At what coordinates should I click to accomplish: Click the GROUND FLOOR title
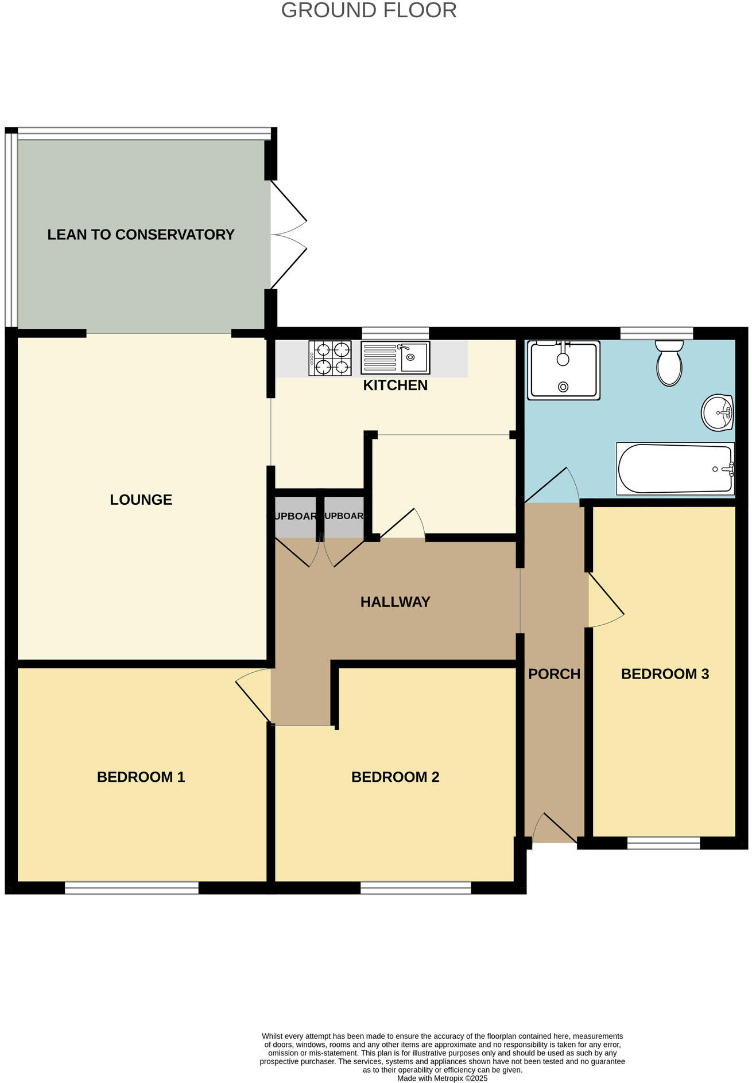coord(369,10)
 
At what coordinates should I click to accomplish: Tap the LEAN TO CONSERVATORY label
coord(141,235)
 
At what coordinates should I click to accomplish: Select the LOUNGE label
coord(141,500)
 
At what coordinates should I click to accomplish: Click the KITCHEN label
coord(395,385)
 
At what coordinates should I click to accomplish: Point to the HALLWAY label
coord(395,602)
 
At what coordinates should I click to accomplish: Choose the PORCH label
coord(554,674)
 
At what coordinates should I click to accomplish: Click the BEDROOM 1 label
coord(141,777)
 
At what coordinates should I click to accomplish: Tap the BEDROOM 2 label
coord(395,777)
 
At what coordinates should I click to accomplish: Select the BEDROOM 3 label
coord(665,674)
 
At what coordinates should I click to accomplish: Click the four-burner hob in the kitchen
coord(330,359)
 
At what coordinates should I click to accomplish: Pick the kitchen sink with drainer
coord(395,357)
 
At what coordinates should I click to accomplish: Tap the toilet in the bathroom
coord(669,363)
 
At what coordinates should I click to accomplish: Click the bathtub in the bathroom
coord(675,469)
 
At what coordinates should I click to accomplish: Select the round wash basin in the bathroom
coord(717,412)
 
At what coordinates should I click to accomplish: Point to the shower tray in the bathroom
coord(564,370)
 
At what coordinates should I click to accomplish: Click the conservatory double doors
coord(288,235)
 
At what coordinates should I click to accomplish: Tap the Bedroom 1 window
coord(131,889)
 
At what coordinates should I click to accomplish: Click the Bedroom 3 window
coord(664,843)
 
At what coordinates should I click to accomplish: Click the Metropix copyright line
coord(442,1078)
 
